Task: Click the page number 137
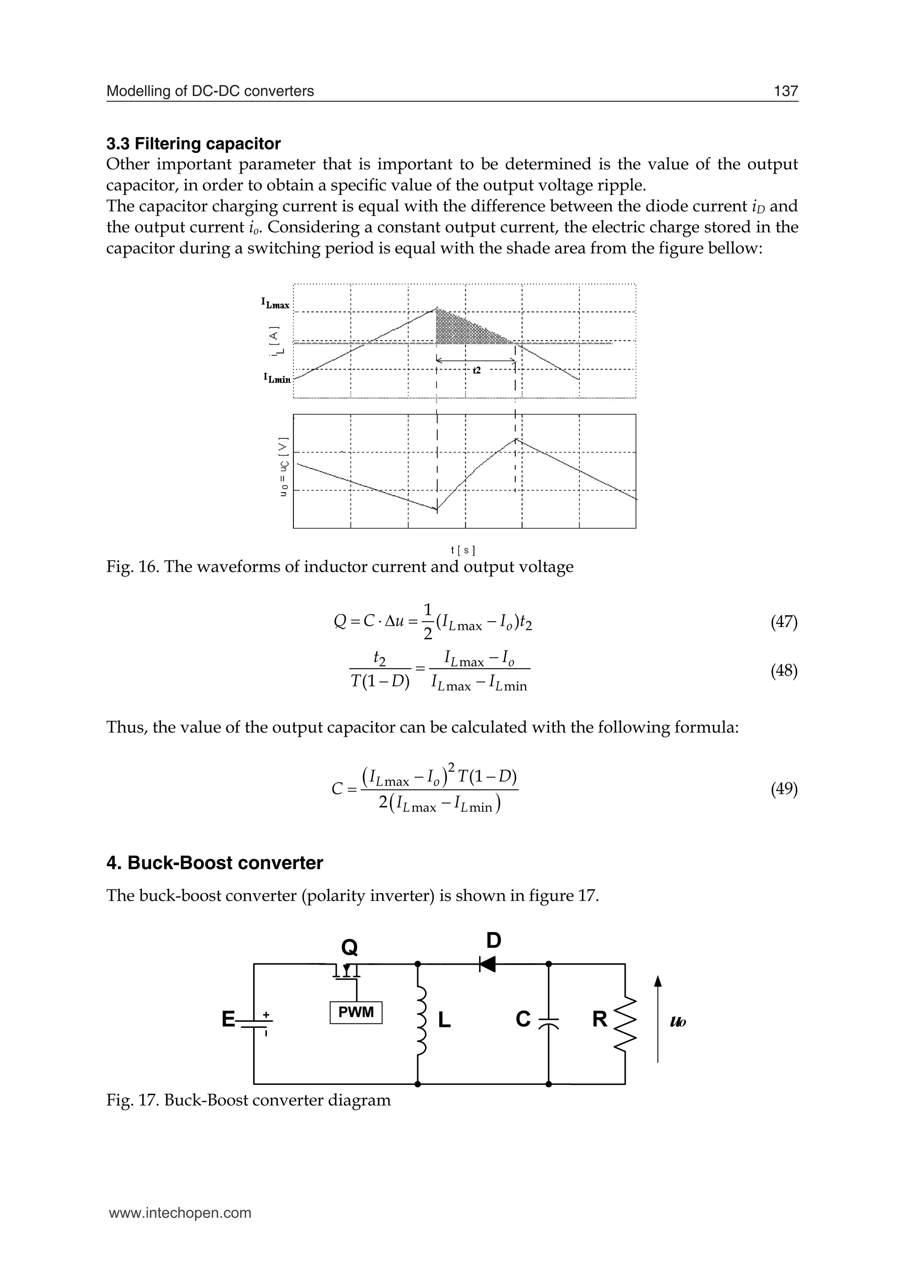point(786,91)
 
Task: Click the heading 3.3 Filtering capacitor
point(194,144)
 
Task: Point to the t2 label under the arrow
point(476,370)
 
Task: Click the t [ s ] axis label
point(463,551)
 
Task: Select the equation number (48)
point(783,671)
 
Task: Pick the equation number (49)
point(783,789)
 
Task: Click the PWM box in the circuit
point(356,1012)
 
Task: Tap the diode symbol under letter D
point(487,964)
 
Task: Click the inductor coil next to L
point(421,1019)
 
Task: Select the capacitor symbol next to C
point(548,1020)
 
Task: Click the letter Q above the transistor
point(350,947)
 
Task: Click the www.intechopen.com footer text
point(180,1213)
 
